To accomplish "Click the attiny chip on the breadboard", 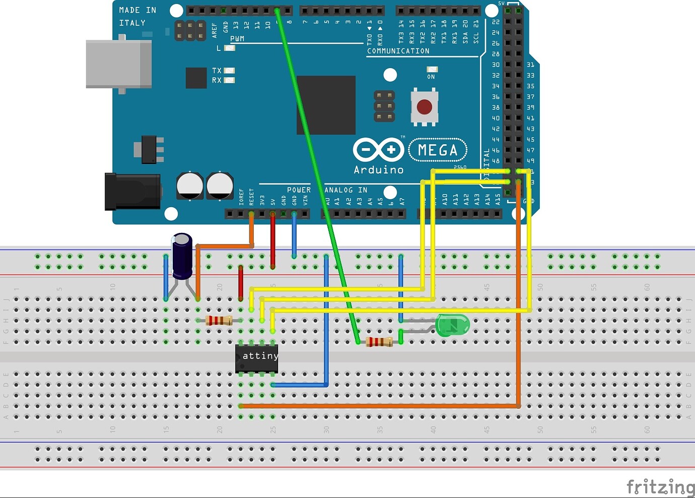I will [256, 358].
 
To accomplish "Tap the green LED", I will [452, 325].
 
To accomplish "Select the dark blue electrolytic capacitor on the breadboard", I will [182, 256].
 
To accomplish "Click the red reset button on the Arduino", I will [424, 107].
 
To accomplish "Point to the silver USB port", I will [119, 65].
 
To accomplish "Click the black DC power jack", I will [132, 192].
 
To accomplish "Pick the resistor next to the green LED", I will [379, 342].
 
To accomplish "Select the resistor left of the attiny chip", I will [219, 320].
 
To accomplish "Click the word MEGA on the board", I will [437, 150].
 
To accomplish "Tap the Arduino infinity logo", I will [378, 150].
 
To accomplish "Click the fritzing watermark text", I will [660, 487].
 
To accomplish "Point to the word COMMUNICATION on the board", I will [398, 51].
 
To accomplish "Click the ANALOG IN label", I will [345, 190].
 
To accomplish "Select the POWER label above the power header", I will [299, 190].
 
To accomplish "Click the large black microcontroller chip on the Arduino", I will [326, 105].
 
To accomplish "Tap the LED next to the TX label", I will [229, 71].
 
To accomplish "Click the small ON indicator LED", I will [432, 70].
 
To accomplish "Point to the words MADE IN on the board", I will [137, 10].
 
